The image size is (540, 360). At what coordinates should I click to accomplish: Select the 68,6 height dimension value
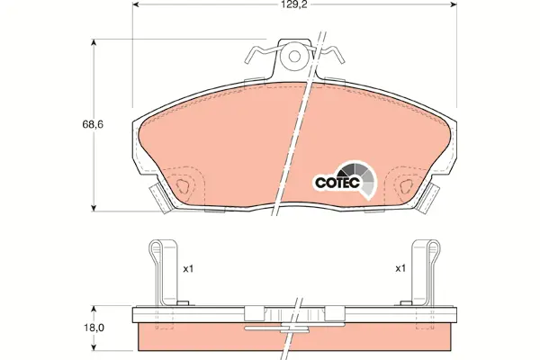coord(93,124)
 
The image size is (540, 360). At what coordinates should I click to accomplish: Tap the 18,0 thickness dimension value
coord(94,328)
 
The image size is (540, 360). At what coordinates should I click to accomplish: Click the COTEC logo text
coord(337,183)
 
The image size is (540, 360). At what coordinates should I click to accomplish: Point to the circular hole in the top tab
coord(294,56)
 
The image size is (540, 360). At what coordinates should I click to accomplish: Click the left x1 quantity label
coord(188,269)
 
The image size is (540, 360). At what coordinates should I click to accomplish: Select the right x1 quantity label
coord(400,268)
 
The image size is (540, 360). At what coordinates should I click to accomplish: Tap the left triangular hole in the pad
coord(182,186)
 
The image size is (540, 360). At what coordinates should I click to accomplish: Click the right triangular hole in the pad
coord(406,186)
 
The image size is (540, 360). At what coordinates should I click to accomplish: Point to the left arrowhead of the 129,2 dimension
coord(135,4)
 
